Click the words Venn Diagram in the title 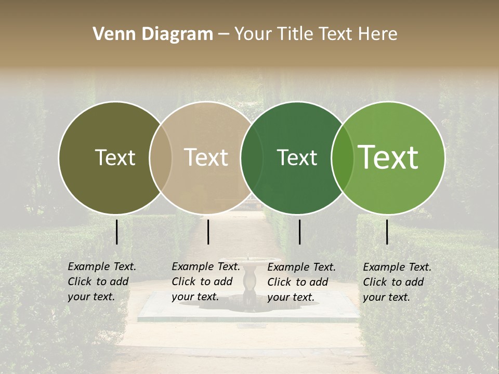coord(153,34)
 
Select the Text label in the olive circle coord(115,157)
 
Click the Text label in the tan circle coord(206,157)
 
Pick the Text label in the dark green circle coord(297,157)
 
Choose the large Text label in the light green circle coord(388,157)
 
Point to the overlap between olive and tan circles coord(161,157)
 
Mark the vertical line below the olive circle coord(116,232)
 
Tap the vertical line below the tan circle coord(208,232)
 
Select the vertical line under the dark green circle coord(299,232)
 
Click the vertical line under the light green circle coord(387,232)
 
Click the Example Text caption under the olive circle coord(102,282)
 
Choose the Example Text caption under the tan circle coord(206,282)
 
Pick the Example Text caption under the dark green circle coord(301,282)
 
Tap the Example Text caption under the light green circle coord(397,282)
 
